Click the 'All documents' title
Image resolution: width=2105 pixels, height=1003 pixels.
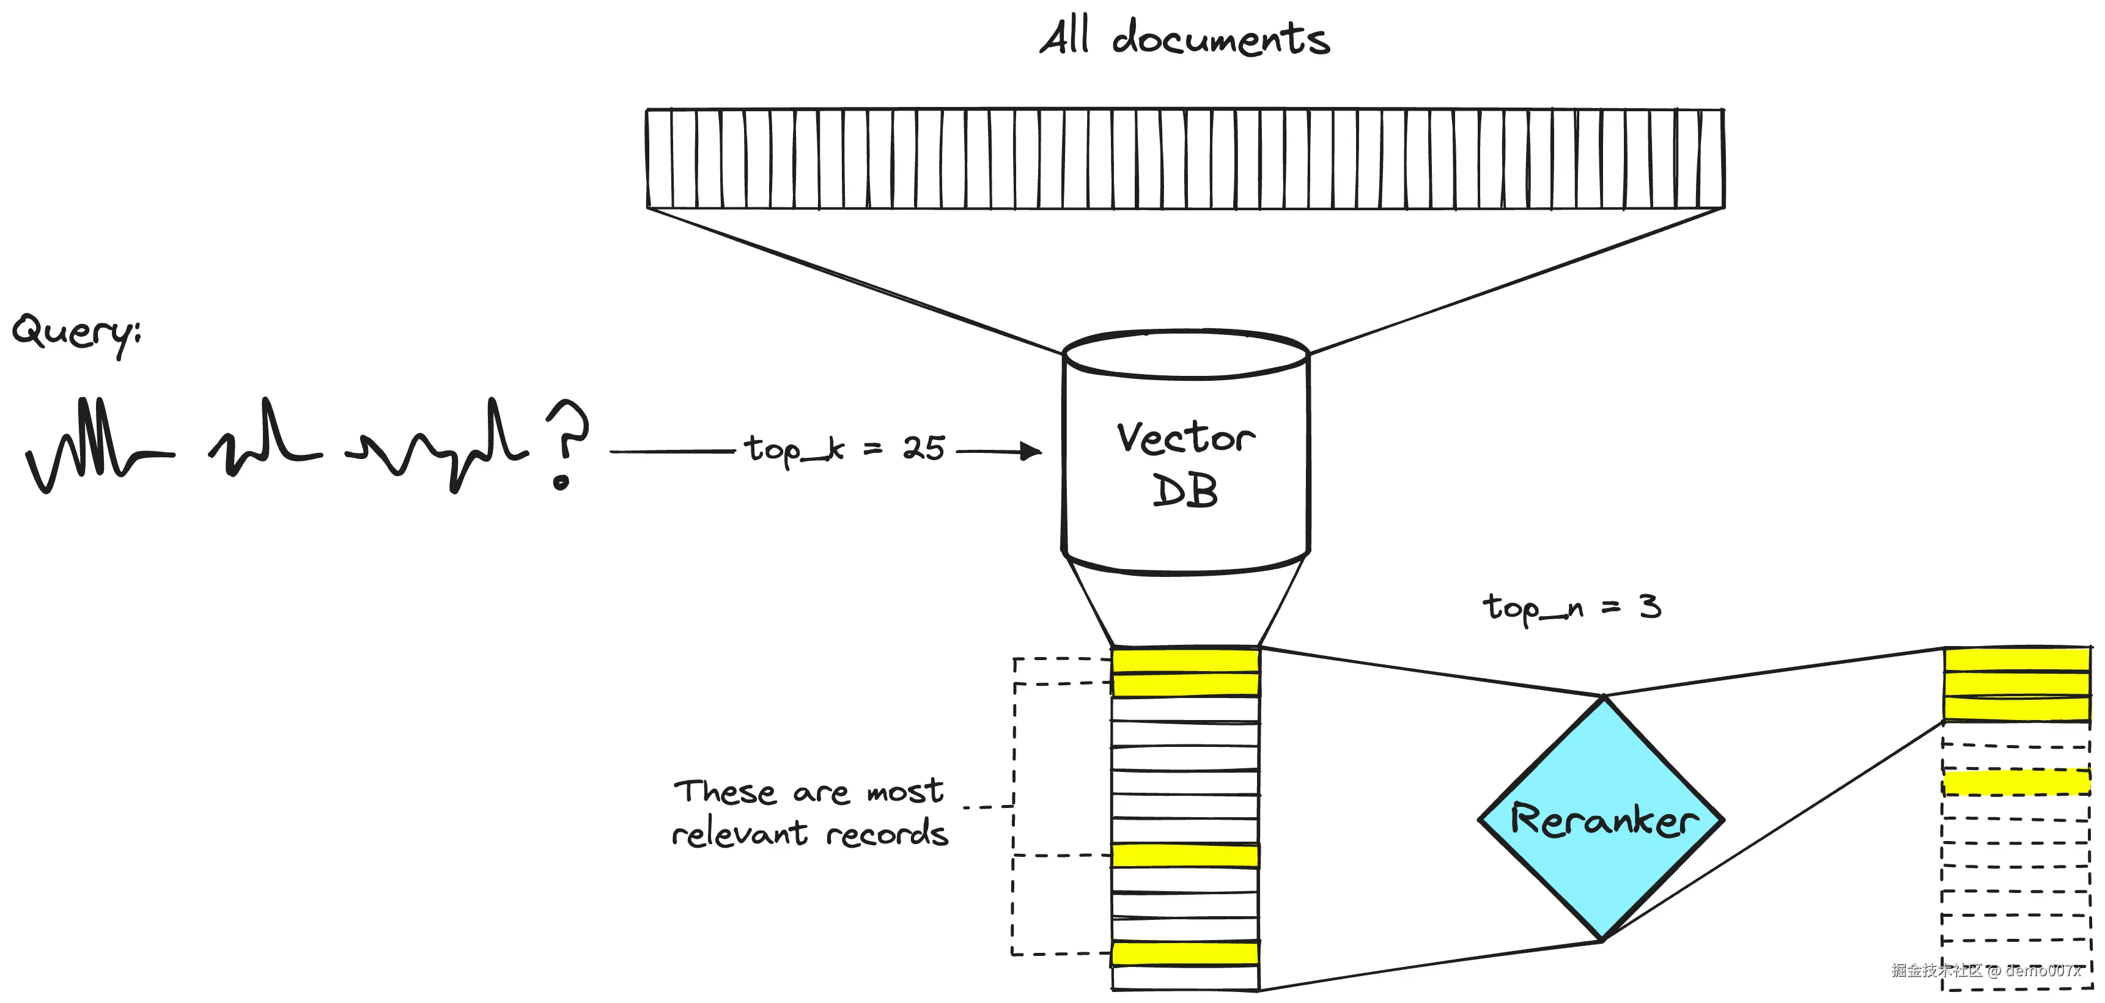[1184, 39]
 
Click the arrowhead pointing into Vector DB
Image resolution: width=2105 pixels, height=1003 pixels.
[1031, 451]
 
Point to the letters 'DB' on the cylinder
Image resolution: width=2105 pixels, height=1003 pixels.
[1185, 491]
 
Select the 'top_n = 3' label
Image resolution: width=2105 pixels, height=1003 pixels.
[1571, 607]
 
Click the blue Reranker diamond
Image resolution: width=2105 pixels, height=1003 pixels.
[1602, 818]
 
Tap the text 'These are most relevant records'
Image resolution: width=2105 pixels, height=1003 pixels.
[809, 813]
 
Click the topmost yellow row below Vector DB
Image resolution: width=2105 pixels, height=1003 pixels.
[1185, 660]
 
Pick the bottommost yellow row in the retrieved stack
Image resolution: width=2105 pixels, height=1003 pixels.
[1185, 953]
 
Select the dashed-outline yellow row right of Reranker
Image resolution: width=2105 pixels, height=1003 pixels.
[2016, 782]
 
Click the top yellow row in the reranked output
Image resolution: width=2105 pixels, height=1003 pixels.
[2016, 659]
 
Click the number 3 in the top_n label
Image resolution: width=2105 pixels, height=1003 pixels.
[1650, 606]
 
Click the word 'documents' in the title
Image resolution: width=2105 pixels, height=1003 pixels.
[1220, 39]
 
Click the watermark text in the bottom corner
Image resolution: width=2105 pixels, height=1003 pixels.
[1986, 971]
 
